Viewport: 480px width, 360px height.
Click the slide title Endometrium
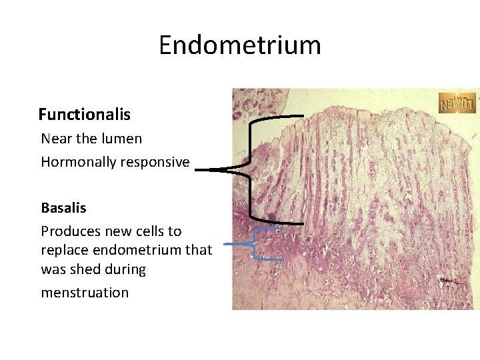[240, 45]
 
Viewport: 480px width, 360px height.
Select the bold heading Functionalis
[84, 115]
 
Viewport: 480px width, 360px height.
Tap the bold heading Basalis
[63, 207]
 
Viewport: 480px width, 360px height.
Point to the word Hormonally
[75, 162]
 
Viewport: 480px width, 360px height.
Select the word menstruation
[85, 293]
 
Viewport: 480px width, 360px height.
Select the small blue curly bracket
[255, 244]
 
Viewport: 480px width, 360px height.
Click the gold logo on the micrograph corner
[457, 103]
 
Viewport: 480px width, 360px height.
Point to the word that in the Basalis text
[198, 250]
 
